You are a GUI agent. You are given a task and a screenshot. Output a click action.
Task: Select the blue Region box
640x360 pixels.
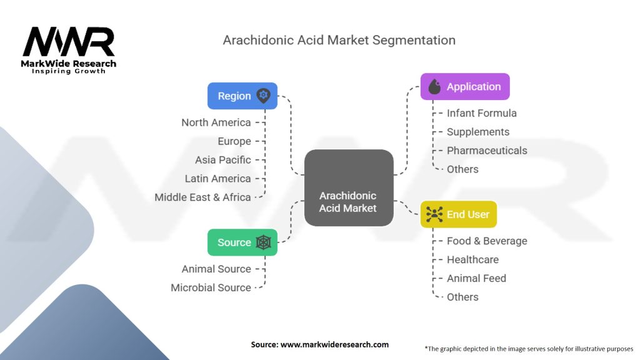242,96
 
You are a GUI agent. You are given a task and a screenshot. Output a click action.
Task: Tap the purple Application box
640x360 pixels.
464,87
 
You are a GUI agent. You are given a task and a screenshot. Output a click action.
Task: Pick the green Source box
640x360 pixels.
242,242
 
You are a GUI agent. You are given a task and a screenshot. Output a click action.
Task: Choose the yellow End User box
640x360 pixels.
458,214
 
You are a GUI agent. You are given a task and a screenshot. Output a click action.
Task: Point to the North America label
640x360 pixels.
216,122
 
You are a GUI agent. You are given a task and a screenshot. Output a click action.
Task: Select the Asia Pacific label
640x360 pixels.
223,160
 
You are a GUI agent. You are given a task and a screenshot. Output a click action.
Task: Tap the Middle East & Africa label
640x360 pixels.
203,197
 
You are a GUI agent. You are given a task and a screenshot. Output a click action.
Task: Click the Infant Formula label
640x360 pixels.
481,113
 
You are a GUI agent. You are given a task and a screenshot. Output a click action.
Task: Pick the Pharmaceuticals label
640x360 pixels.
487,151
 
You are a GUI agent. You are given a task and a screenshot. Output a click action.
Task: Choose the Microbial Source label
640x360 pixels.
211,287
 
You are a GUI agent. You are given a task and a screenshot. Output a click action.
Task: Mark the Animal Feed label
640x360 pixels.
476,278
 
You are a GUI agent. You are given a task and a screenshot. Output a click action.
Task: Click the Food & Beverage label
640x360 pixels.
487,241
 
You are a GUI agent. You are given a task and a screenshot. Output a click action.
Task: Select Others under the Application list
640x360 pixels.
462,169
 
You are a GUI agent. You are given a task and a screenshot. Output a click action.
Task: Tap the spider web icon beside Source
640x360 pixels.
263,242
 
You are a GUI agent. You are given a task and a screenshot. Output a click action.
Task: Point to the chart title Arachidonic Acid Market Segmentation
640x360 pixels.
339,41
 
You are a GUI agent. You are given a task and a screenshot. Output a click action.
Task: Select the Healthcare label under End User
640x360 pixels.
472,259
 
